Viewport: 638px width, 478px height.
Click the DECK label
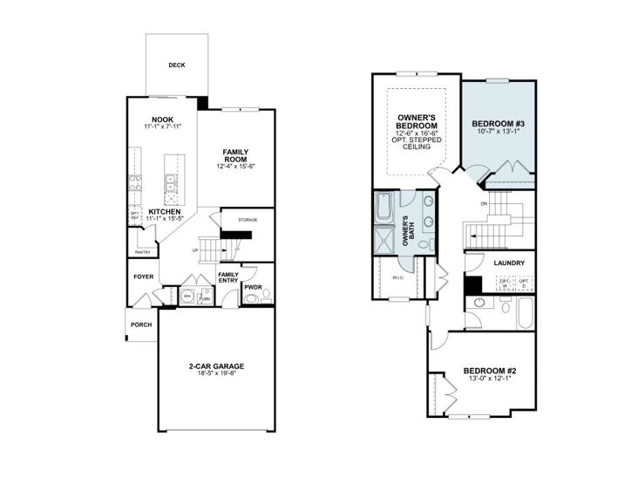point(177,65)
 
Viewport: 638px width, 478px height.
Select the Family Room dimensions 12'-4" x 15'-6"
point(236,167)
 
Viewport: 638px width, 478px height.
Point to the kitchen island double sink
point(172,182)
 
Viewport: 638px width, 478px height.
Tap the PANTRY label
point(143,253)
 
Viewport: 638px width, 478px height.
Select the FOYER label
point(143,277)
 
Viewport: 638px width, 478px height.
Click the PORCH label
point(141,325)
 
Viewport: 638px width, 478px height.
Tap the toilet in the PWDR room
point(251,298)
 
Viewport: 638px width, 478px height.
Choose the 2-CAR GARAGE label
point(215,366)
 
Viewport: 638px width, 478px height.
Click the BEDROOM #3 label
point(497,123)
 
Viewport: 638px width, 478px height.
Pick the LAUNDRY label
point(508,263)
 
